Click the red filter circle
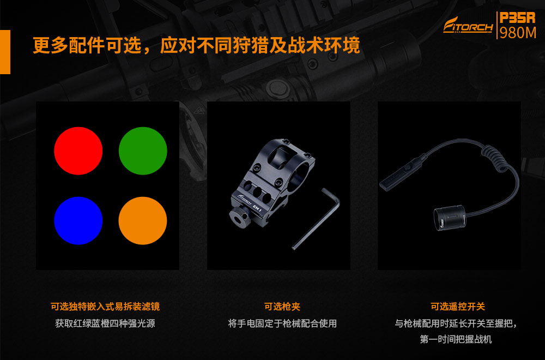pyautogui.click(x=78, y=151)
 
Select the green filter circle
pyautogui.click(x=143, y=151)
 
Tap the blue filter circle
pyautogui.click(x=78, y=220)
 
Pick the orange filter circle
pyautogui.click(x=143, y=220)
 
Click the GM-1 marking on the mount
pyautogui.click(x=257, y=208)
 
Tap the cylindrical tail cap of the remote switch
pyautogui.click(x=450, y=218)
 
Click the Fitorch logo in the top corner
pyautogui.click(x=468, y=26)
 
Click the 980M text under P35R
pyautogui.click(x=518, y=33)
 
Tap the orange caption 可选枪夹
pyautogui.click(x=282, y=307)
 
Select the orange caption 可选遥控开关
pyautogui.click(x=457, y=307)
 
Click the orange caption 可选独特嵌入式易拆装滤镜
pyautogui.click(x=105, y=307)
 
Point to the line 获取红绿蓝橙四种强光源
pyautogui.click(x=105, y=323)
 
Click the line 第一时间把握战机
pyautogui.click(x=456, y=339)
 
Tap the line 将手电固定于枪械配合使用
pyautogui.click(x=282, y=323)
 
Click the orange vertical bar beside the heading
pyautogui.click(x=5, y=52)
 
